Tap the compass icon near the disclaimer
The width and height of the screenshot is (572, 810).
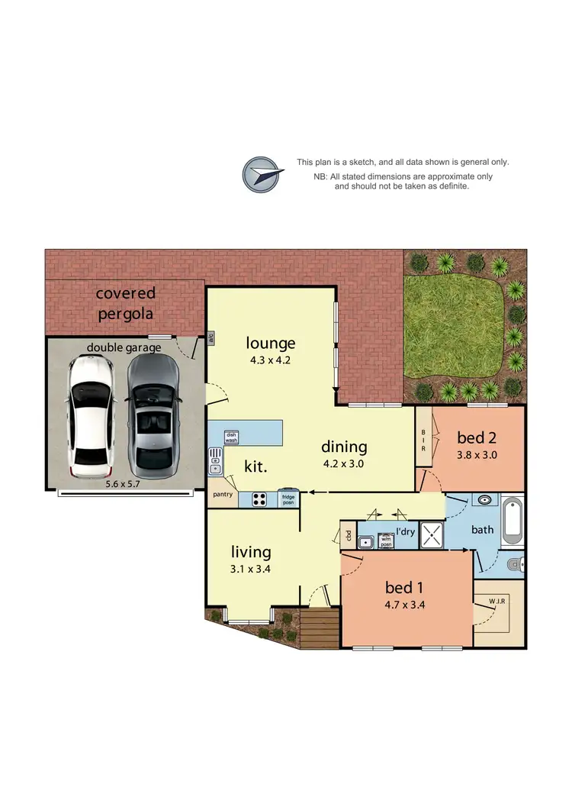point(261,174)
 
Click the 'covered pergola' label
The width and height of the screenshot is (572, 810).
point(125,303)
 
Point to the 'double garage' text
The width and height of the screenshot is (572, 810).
point(124,348)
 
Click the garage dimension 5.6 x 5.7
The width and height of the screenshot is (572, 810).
point(125,483)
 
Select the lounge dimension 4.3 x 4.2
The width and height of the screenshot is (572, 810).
point(270,361)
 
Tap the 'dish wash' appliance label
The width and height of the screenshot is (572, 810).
point(231,437)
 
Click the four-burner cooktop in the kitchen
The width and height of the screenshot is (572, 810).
point(259,500)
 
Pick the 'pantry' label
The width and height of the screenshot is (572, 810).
point(222,494)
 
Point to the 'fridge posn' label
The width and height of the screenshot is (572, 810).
point(288,498)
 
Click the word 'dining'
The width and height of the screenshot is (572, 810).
point(344,447)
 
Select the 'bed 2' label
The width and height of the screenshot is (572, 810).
point(477,437)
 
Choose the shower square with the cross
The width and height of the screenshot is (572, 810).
point(431,534)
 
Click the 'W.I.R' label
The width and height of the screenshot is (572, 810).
point(497,601)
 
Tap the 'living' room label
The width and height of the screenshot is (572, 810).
point(252,551)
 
